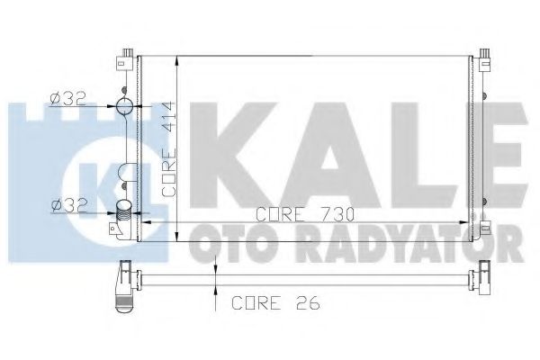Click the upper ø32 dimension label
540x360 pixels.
click(x=67, y=99)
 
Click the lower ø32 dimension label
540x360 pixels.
click(x=68, y=206)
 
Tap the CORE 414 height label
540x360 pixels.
click(x=169, y=149)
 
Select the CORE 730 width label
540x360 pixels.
click(x=305, y=215)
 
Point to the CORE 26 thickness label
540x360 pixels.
click(x=276, y=302)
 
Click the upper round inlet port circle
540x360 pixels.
click(x=124, y=106)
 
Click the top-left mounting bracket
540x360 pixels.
click(x=126, y=59)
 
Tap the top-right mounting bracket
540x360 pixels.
click(x=484, y=59)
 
